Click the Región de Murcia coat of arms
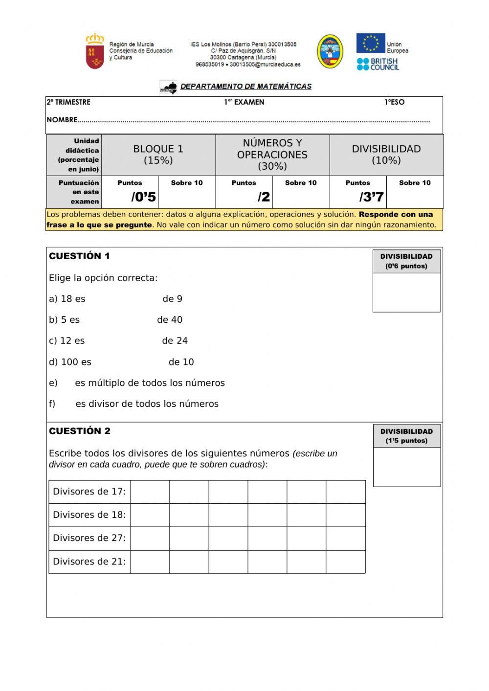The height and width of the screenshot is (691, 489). click(x=95, y=51)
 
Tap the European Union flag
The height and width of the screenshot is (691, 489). click(x=370, y=43)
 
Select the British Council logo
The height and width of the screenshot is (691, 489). click(x=378, y=64)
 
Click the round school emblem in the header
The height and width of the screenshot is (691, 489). click(x=330, y=51)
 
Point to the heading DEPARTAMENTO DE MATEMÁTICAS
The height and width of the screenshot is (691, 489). click(x=245, y=87)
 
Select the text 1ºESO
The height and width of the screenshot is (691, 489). click(x=394, y=102)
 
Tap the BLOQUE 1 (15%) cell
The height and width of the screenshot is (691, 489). click(x=158, y=155)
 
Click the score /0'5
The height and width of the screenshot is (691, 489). click(x=143, y=197)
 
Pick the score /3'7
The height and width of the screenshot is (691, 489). click(x=371, y=197)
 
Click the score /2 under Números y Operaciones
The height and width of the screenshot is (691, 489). click(x=264, y=197)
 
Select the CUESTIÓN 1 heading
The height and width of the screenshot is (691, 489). click(x=79, y=256)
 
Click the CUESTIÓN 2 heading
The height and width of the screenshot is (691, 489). click(x=80, y=431)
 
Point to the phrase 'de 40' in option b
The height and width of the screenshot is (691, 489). click(x=170, y=320)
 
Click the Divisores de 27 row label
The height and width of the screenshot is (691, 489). click(x=89, y=538)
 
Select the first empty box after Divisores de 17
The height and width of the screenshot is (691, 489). click(x=150, y=491)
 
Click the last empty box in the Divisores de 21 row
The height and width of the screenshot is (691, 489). click(x=345, y=561)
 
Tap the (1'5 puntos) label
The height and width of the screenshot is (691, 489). click(x=406, y=441)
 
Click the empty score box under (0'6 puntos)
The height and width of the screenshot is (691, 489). click(x=406, y=292)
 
